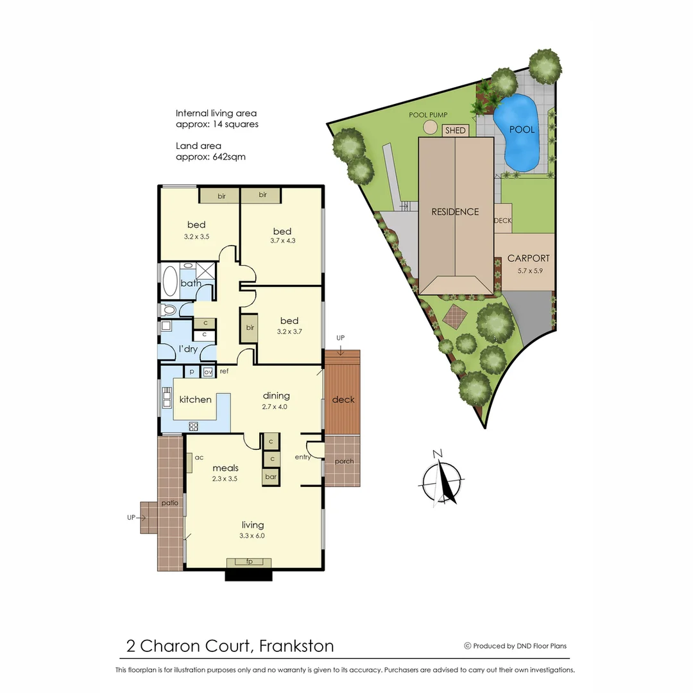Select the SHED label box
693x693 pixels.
point(456,130)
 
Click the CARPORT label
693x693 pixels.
point(528,259)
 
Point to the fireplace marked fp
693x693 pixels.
point(249,562)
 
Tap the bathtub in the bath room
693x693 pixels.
point(170,281)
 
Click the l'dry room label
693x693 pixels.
point(188,349)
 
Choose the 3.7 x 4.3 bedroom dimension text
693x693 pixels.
point(282,241)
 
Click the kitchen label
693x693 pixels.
point(195,399)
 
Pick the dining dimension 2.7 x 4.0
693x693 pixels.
point(276,406)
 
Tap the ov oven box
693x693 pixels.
point(207,372)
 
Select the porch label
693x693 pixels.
point(344,461)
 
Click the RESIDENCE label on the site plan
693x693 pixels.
point(455,212)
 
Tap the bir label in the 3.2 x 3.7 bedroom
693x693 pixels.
point(248,327)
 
